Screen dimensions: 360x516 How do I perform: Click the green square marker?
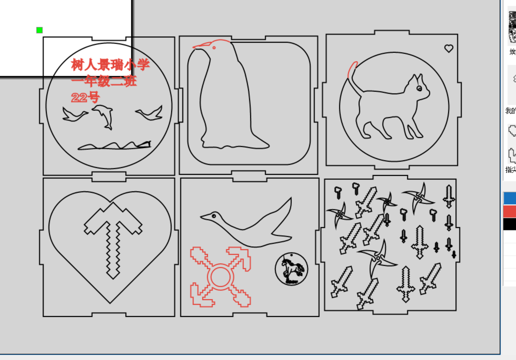click(39, 30)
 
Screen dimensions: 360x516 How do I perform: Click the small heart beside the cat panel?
click(449, 48)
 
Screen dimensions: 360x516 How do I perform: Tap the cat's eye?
click(419, 88)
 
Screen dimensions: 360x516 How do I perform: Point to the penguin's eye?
click(214, 48)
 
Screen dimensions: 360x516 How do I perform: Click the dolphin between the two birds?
click(104, 115)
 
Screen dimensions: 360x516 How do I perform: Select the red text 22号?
click(85, 97)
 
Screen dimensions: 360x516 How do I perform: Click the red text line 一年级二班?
click(104, 81)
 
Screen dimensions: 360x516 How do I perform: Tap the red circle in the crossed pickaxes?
click(220, 276)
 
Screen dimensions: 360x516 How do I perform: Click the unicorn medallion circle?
click(291, 269)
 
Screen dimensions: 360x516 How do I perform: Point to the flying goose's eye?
click(213, 216)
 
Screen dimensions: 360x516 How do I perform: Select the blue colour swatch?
click(510, 198)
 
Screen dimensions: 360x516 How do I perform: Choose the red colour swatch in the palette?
click(510, 212)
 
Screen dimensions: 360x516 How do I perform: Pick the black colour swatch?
click(510, 224)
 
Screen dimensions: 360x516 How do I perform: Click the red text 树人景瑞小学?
click(110, 65)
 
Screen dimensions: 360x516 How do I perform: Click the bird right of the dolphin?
click(150, 113)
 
